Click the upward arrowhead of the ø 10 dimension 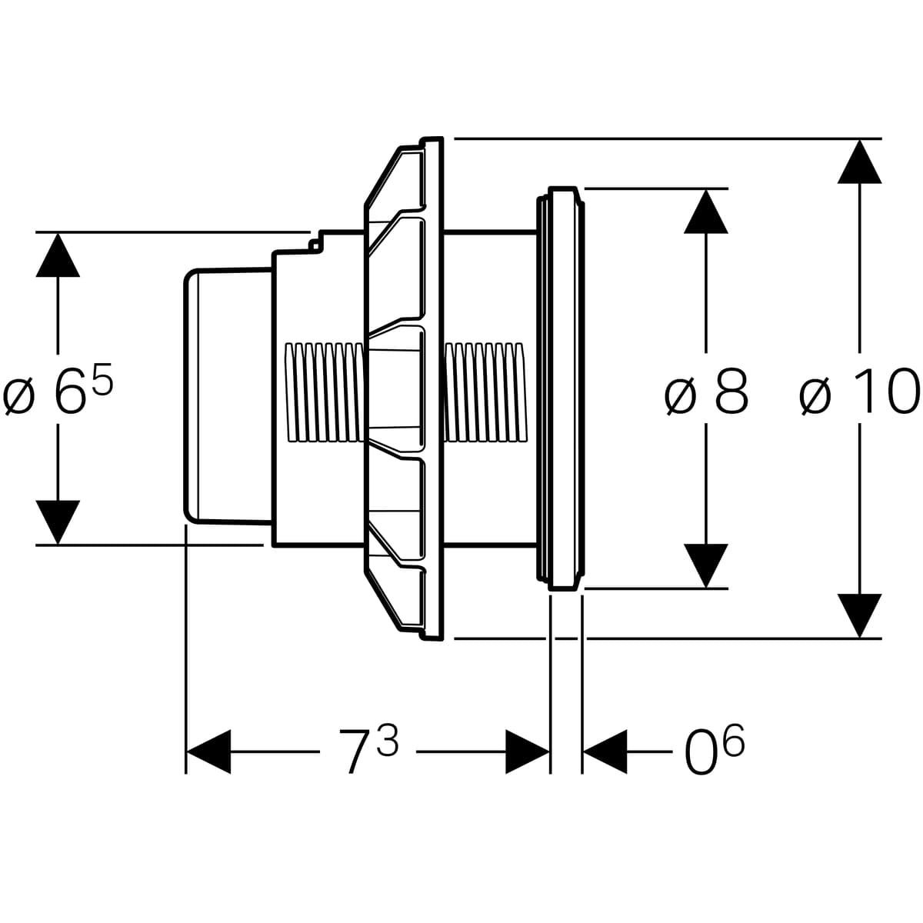coord(859,162)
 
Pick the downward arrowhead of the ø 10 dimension coord(859,615)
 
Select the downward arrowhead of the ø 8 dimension coord(706,566)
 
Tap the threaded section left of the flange coord(323,392)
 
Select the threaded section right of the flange coord(486,392)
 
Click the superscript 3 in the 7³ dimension coord(388,740)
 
